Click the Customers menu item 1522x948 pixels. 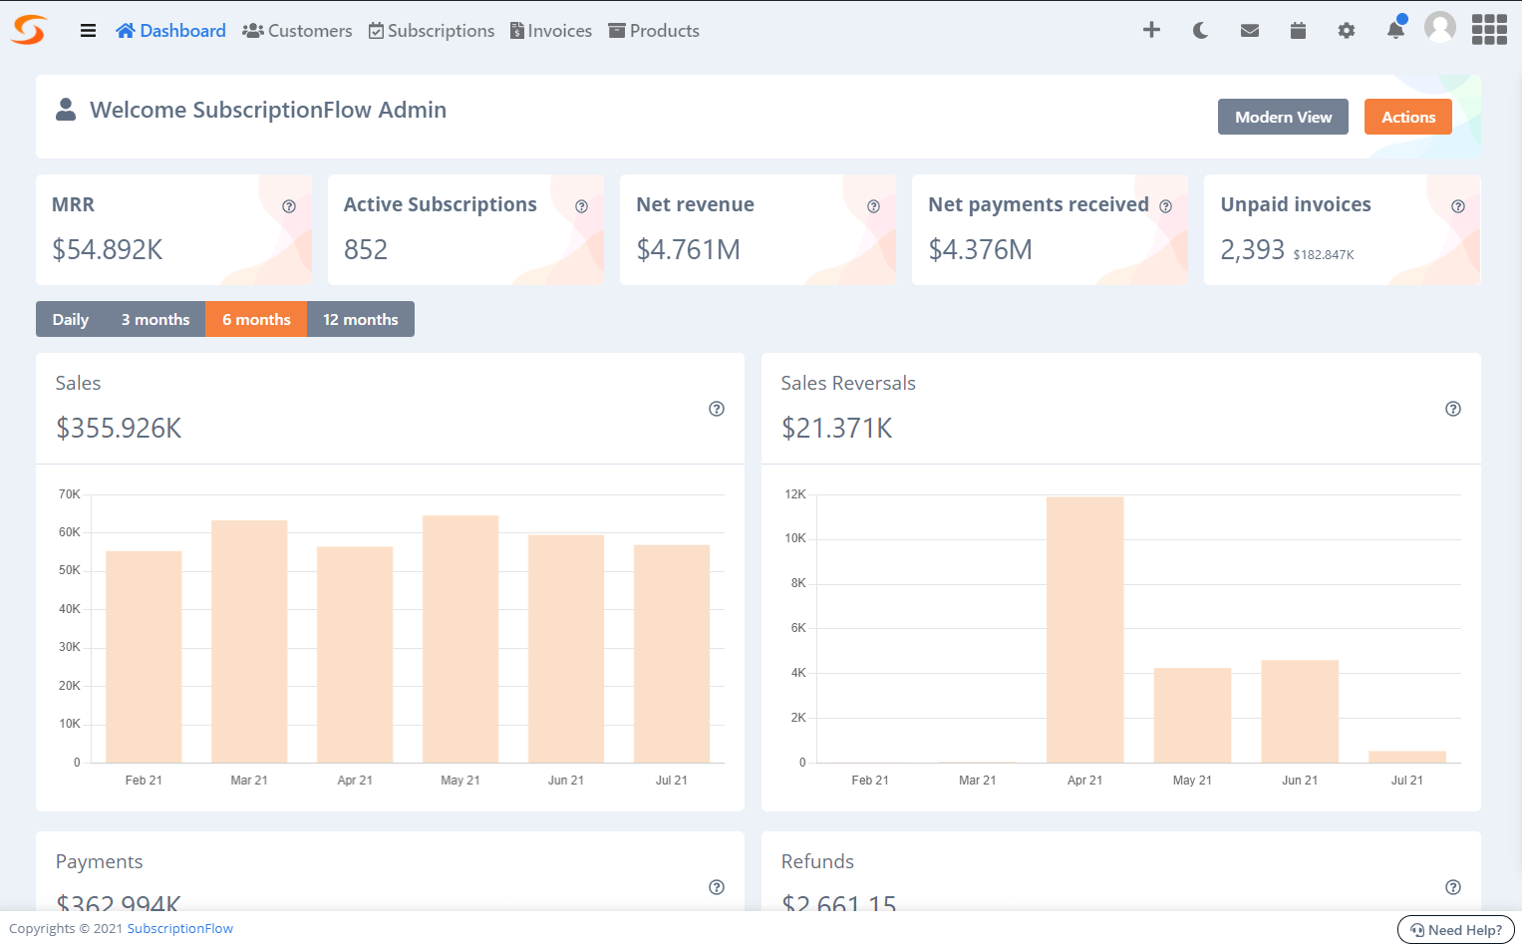click(x=297, y=31)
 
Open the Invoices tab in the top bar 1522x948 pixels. click(x=551, y=31)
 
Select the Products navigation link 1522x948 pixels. click(x=654, y=31)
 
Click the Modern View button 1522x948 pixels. click(x=1282, y=117)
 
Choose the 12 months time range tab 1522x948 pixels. click(x=360, y=319)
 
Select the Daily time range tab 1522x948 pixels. click(x=71, y=319)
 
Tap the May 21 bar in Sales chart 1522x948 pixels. click(x=460, y=638)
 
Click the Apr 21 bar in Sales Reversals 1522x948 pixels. click(x=1084, y=628)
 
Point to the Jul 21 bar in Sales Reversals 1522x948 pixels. click(x=1406, y=757)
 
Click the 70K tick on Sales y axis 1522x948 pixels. click(x=70, y=494)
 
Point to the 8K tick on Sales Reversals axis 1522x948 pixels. click(x=797, y=583)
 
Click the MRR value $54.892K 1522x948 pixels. click(x=108, y=249)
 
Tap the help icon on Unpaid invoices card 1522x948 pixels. click(x=1457, y=206)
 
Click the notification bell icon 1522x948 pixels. click(x=1395, y=31)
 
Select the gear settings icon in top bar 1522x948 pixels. click(x=1346, y=31)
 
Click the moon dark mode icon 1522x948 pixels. click(x=1200, y=31)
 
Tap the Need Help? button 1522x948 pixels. click(x=1455, y=930)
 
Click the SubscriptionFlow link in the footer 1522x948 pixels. click(x=179, y=929)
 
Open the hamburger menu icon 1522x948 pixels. click(x=88, y=31)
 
